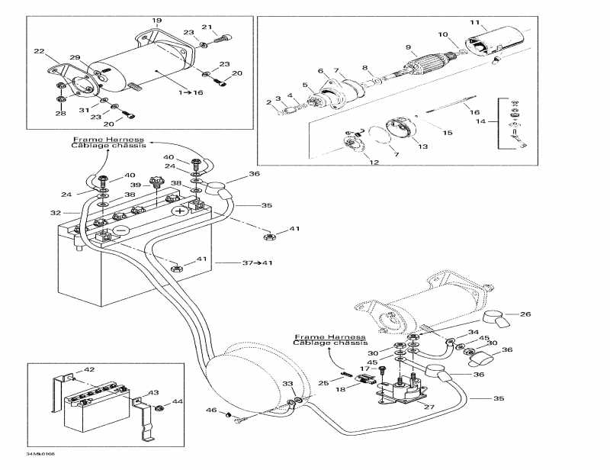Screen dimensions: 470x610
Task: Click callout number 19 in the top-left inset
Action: (x=156, y=19)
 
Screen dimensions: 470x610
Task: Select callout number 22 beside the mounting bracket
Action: (x=40, y=51)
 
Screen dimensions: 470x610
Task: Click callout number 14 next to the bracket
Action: (x=480, y=121)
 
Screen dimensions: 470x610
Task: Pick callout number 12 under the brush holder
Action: (x=374, y=163)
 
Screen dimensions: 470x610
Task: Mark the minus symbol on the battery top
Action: (x=120, y=230)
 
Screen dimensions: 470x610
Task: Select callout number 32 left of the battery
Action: (x=55, y=213)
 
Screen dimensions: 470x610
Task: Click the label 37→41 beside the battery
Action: (x=257, y=263)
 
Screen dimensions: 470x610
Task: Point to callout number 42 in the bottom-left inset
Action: (x=89, y=370)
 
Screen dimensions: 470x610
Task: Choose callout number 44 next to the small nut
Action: (x=177, y=401)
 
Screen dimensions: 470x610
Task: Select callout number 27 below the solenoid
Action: (x=429, y=407)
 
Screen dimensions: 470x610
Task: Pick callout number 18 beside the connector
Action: (x=340, y=389)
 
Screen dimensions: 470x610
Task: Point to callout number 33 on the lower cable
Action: (x=287, y=383)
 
